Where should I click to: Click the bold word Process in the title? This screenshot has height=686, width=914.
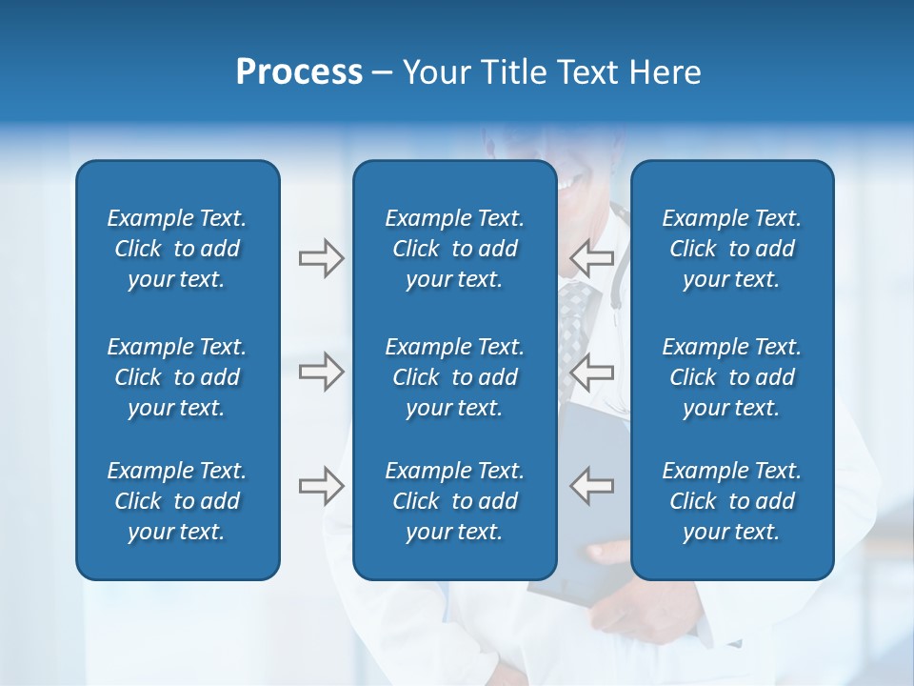(x=299, y=72)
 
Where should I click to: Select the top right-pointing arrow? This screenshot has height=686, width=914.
(x=321, y=258)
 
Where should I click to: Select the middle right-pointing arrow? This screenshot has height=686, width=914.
(x=321, y=372)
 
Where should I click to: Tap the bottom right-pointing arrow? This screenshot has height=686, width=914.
(x=321, y=486)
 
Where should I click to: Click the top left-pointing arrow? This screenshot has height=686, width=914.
(x=591, y=258)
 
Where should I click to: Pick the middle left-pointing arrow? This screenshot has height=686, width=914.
(x=591, y=372)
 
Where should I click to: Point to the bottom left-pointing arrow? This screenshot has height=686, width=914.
(x=591, y=486)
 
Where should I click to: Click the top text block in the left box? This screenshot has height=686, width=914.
(x=177, y=249)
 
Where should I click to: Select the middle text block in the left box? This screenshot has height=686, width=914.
(x=177, y=377)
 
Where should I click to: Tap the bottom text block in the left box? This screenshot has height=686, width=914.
(x=177, y=501)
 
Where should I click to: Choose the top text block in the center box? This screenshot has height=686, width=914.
(x=454, y=249)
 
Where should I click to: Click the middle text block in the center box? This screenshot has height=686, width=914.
(x=454, y=377)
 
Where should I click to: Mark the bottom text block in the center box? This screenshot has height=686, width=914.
(x=454, y=501)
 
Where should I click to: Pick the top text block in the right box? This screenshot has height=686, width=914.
(x=731, y=249)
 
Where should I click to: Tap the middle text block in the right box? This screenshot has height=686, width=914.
(x=731, y=377)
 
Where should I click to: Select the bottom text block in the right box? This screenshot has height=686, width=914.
(x=731, y=501)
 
